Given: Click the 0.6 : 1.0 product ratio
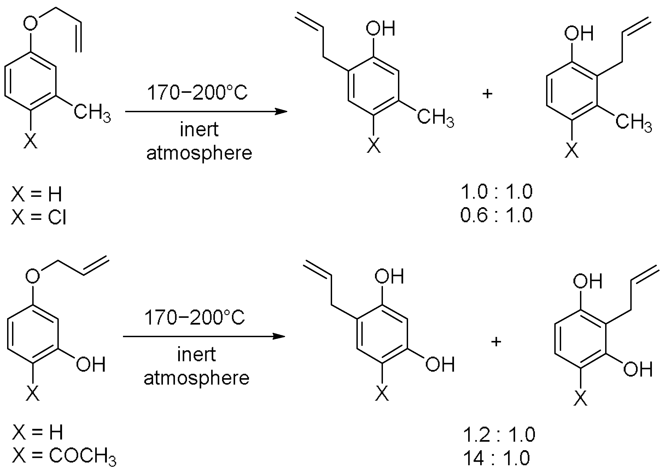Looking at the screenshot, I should pos(496,215).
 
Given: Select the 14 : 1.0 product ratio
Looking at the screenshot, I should pos(496,458).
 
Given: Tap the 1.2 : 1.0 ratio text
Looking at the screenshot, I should pos(499,434).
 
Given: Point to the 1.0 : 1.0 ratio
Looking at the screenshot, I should pos(496,192).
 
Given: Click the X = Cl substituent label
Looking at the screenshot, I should pos(39,218).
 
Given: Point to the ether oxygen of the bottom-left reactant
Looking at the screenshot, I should pos(33,276).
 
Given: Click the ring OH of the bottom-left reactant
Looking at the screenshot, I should pos(90,365).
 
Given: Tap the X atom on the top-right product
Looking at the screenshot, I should pos(572,150).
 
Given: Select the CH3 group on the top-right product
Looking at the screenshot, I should pos(633,122).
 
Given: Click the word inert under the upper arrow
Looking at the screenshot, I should pos(199,130).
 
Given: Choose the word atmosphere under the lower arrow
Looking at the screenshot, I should pos(197,378).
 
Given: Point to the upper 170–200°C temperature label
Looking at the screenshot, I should pos(197,93).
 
